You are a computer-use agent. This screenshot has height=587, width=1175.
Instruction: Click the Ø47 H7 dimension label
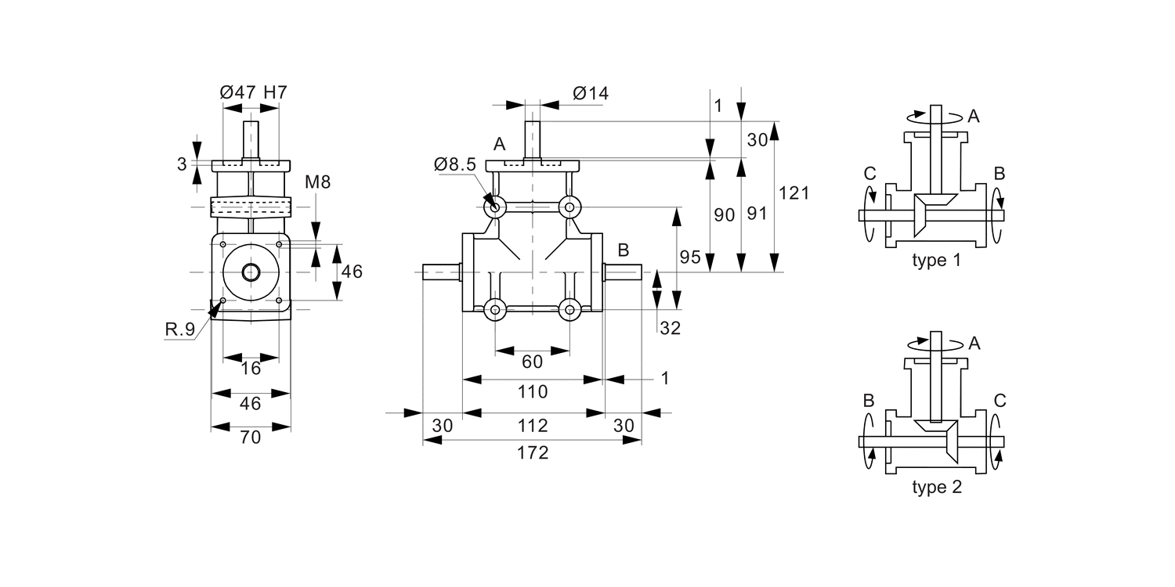coord(253,92)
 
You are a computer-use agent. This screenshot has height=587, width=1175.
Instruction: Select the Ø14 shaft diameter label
coord(591,94)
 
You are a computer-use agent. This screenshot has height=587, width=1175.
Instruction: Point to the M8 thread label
coord(317,182)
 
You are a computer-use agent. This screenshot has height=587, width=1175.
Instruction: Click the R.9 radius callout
coord(179,330)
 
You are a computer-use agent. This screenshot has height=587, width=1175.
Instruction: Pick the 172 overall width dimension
coord(533,452)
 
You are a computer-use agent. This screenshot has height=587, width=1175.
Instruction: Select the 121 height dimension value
coord(794,193)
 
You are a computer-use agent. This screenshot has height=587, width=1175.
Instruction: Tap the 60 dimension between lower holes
coord(532,362)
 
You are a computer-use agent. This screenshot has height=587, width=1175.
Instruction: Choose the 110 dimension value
coord(533,391)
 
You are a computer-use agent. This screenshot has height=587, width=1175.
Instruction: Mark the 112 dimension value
coord(533,426)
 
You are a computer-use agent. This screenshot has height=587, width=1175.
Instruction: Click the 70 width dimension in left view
coord(250,438)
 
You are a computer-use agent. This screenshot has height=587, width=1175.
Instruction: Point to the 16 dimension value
coord(250,369)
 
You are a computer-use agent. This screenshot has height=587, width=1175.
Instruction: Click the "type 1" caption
coord(936,261)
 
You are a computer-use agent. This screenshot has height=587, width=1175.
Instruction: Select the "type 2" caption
coord(937,488)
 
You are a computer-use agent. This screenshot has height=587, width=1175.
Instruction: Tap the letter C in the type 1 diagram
coord(869,172)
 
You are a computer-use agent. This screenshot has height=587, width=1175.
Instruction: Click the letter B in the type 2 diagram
coord(869,401)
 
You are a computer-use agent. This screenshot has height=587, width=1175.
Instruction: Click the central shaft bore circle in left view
coord(251,272)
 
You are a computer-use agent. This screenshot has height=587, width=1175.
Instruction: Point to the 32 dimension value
coord(670,329)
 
